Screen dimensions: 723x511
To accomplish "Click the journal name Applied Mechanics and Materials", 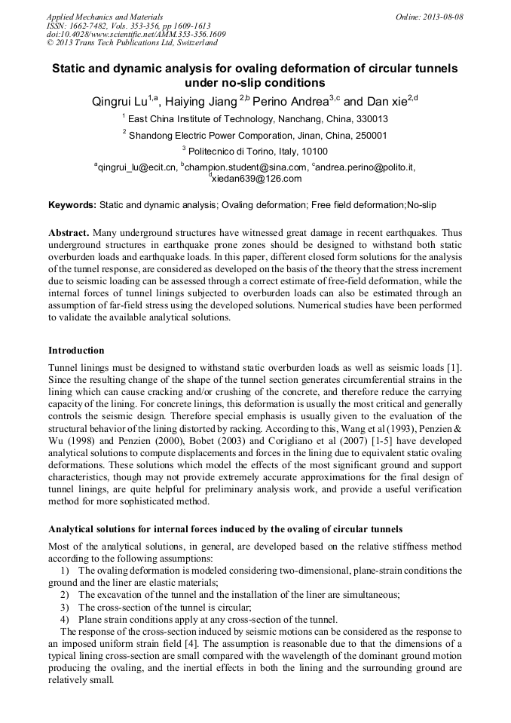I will [104, 16].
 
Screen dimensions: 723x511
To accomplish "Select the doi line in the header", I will [136, 34].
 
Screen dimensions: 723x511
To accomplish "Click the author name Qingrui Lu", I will [120, 101].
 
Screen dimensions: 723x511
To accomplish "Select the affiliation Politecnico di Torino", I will [231, 151].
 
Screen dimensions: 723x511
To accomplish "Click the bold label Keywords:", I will [72, 205].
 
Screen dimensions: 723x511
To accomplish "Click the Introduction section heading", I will [76, 351].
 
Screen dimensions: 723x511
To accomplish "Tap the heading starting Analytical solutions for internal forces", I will [225, 529].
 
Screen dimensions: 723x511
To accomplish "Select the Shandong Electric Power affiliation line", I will [255, 136].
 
